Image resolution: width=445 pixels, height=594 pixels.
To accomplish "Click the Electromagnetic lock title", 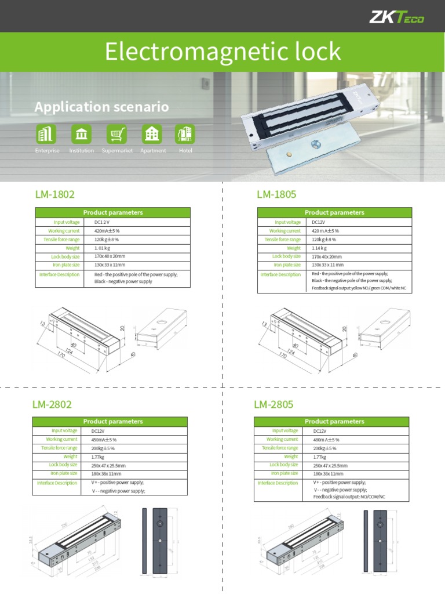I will (x=222, y=52).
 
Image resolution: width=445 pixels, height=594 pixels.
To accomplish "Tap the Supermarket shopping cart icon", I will (x=117, y=134).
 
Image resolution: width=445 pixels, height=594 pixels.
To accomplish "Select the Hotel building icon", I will (x=186, y=134).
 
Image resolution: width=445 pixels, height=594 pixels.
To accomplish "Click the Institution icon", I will (x=82, y=134).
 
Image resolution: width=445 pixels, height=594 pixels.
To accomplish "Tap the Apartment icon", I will (x=152, y=134).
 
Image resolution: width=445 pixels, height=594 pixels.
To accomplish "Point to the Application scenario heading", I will (x=101, y=107).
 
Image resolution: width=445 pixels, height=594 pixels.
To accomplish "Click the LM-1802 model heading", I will (x=56, y=194).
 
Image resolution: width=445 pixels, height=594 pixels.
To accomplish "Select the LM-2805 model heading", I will (x=273, y=404).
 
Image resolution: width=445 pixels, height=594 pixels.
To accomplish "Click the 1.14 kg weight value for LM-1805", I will (x=320, y=248).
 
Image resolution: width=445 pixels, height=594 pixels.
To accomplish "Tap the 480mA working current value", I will (x=326, y=440).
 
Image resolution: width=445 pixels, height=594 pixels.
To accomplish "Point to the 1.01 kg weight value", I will (x=102, y=248).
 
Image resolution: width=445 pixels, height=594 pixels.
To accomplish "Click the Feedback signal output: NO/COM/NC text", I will (x=349, y=497).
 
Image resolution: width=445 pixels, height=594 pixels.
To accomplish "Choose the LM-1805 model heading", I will (x=276, y=194).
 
